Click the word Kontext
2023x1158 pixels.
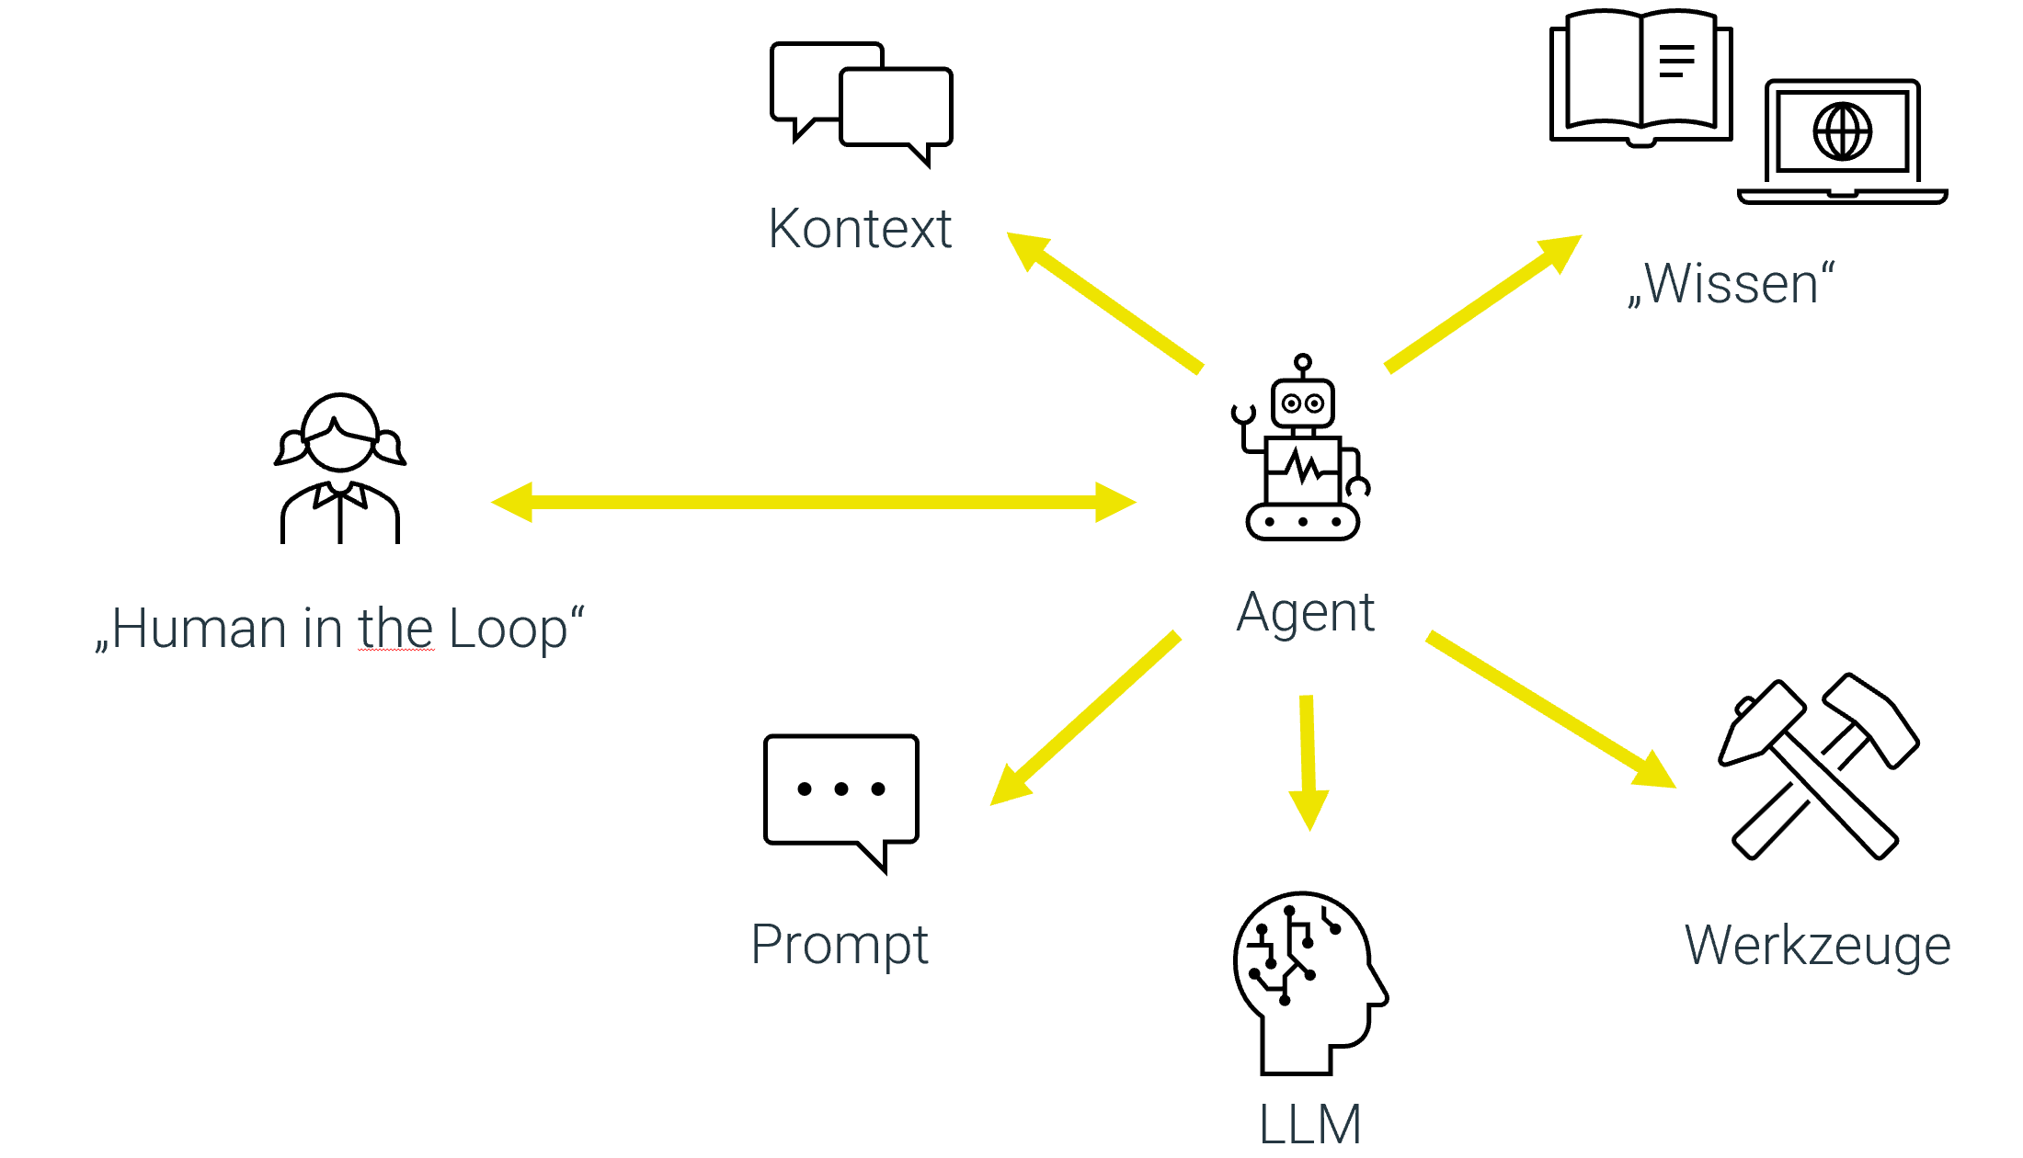coord(860,228)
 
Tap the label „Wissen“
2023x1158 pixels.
coord(1731,284)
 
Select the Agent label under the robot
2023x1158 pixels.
coord(1305,613)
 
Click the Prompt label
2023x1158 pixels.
coord(840,945)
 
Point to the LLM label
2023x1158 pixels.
coord(1309,1123)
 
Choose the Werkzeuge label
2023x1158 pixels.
coord(1817,946)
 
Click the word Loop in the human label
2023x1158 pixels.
coord(509,630)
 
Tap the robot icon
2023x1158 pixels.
coord(1302,455)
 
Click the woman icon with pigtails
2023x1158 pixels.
coord(340,469)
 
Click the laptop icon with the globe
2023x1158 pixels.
coord(1842,142)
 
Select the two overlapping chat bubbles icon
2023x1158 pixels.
coord(862,103)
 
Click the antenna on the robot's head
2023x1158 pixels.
coord(1302,363)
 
